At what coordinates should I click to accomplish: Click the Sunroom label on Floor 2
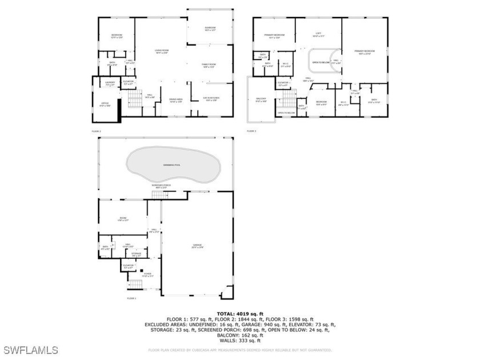[210, 29]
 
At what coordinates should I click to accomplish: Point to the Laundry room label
[111, 84]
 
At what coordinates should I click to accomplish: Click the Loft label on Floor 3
[319, 35]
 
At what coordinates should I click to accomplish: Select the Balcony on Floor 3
[260, 100]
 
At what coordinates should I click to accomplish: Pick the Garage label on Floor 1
[198, 246]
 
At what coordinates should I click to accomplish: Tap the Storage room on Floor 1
[136, 254]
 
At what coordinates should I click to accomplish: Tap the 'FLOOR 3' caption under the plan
[251, 131]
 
